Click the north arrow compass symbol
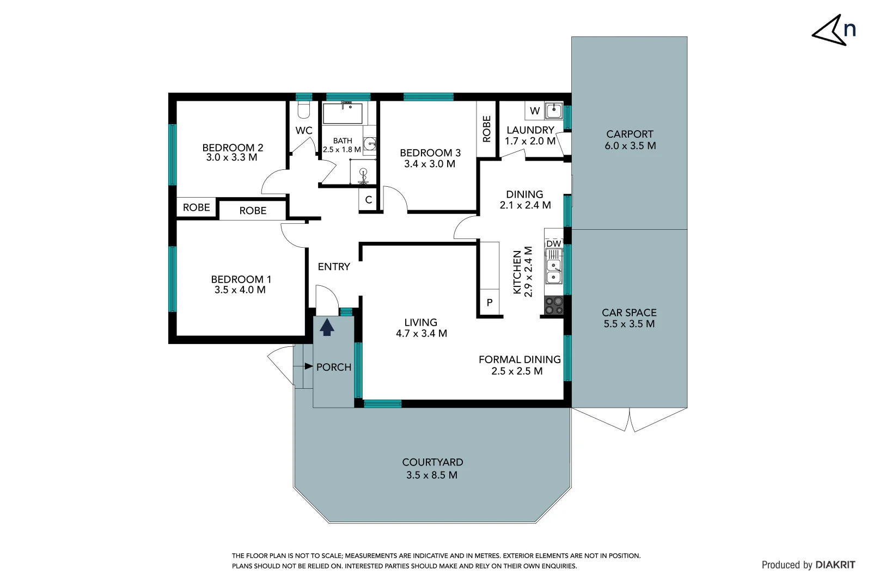(833, 31)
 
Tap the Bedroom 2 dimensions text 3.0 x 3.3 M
(232, 158)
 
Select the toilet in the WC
(303, 110)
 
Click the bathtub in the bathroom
(343, 114)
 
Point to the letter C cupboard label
(369, 200)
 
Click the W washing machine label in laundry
(535, 111)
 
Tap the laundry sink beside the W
(554, 111)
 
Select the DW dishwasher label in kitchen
(553, 243)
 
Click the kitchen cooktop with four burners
(554, 305)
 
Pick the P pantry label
(490, 303)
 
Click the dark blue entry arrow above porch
(327, 327)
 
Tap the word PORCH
(334, 367)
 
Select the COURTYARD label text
(432, 462)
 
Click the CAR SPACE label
(629, 313)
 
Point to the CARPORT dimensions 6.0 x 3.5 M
(630, 146)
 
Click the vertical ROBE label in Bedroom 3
(487, 129)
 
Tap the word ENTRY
(334, 267)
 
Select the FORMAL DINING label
(520, 359)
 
